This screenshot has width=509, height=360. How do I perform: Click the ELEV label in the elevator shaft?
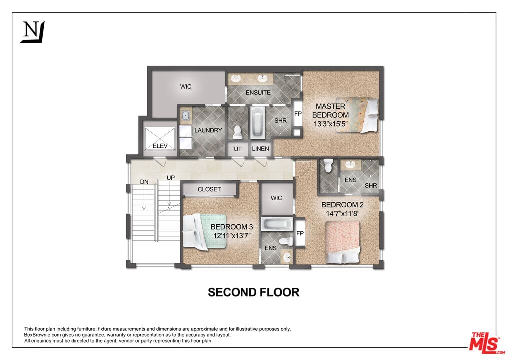(160, 146)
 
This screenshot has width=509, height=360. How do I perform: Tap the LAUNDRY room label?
(208, 130)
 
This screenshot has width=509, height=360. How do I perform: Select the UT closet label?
(238, 149)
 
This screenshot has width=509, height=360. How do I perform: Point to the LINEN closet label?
(260, 149)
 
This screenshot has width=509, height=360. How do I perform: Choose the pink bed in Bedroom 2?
(343, 242)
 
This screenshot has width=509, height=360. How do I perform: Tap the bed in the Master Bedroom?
(357, 115)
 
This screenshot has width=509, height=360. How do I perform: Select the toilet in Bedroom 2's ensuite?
(328, 165)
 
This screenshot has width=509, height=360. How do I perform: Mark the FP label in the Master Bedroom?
(298, 114)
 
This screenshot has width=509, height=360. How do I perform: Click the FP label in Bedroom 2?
(300, 233)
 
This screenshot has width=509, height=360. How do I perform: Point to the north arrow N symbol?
(32, 32)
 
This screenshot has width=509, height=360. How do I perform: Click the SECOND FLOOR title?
(254, 292)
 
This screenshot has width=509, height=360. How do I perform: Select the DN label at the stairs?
(144, 182)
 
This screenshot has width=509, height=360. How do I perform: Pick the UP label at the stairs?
(171, 178)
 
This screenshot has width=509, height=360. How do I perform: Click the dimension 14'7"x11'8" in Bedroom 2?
(343, 213)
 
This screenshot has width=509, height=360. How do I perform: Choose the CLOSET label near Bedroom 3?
(209, 189)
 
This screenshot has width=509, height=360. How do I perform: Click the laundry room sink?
(185, 115)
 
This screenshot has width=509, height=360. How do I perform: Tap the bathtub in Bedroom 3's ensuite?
(277, 224)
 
